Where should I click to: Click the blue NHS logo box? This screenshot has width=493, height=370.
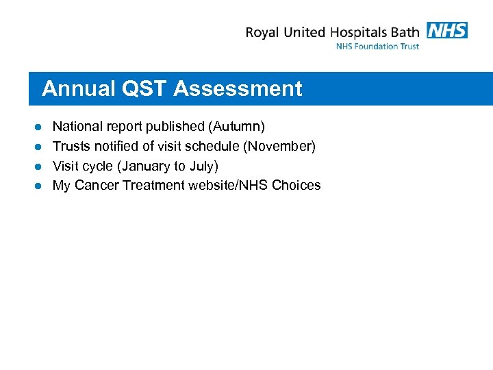point(447,30)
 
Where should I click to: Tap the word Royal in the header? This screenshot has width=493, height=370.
point(262,32)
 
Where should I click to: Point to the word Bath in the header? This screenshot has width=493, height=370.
point(405,32)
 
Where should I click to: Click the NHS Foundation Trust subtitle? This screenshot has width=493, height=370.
point(377,46)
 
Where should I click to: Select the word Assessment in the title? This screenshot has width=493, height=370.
point(238,88)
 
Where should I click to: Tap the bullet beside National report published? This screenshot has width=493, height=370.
point(39,127)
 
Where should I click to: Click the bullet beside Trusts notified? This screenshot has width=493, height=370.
point(39,147)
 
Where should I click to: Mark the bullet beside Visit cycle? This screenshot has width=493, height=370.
point(39,166)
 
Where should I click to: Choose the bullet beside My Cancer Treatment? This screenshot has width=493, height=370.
point(39,186)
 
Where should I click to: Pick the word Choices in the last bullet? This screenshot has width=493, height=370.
point(296,185)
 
